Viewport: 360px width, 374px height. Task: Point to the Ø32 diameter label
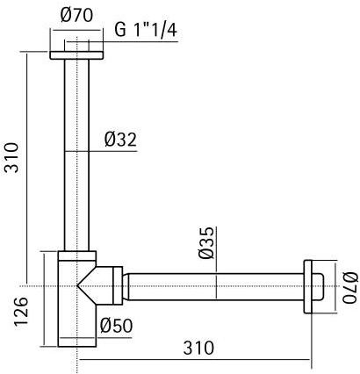(x=120, y=139)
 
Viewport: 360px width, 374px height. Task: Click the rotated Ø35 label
(x=206, y=242)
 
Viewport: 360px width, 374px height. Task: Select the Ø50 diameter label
(x=116, y=326)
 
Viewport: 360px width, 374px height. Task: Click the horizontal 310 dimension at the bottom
(x=198, y=347)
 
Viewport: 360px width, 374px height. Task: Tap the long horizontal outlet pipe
(x=215, y=286)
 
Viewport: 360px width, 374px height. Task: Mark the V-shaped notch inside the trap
(x=88, y=286)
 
